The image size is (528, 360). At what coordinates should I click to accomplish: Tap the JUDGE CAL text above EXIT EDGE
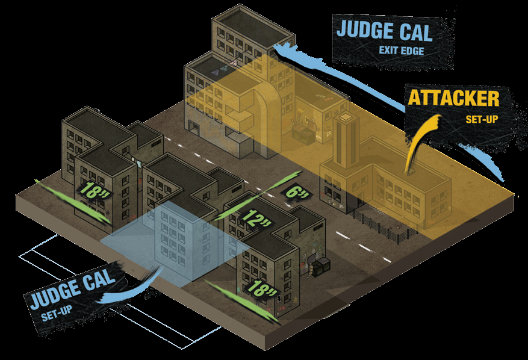coord(385,29)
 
